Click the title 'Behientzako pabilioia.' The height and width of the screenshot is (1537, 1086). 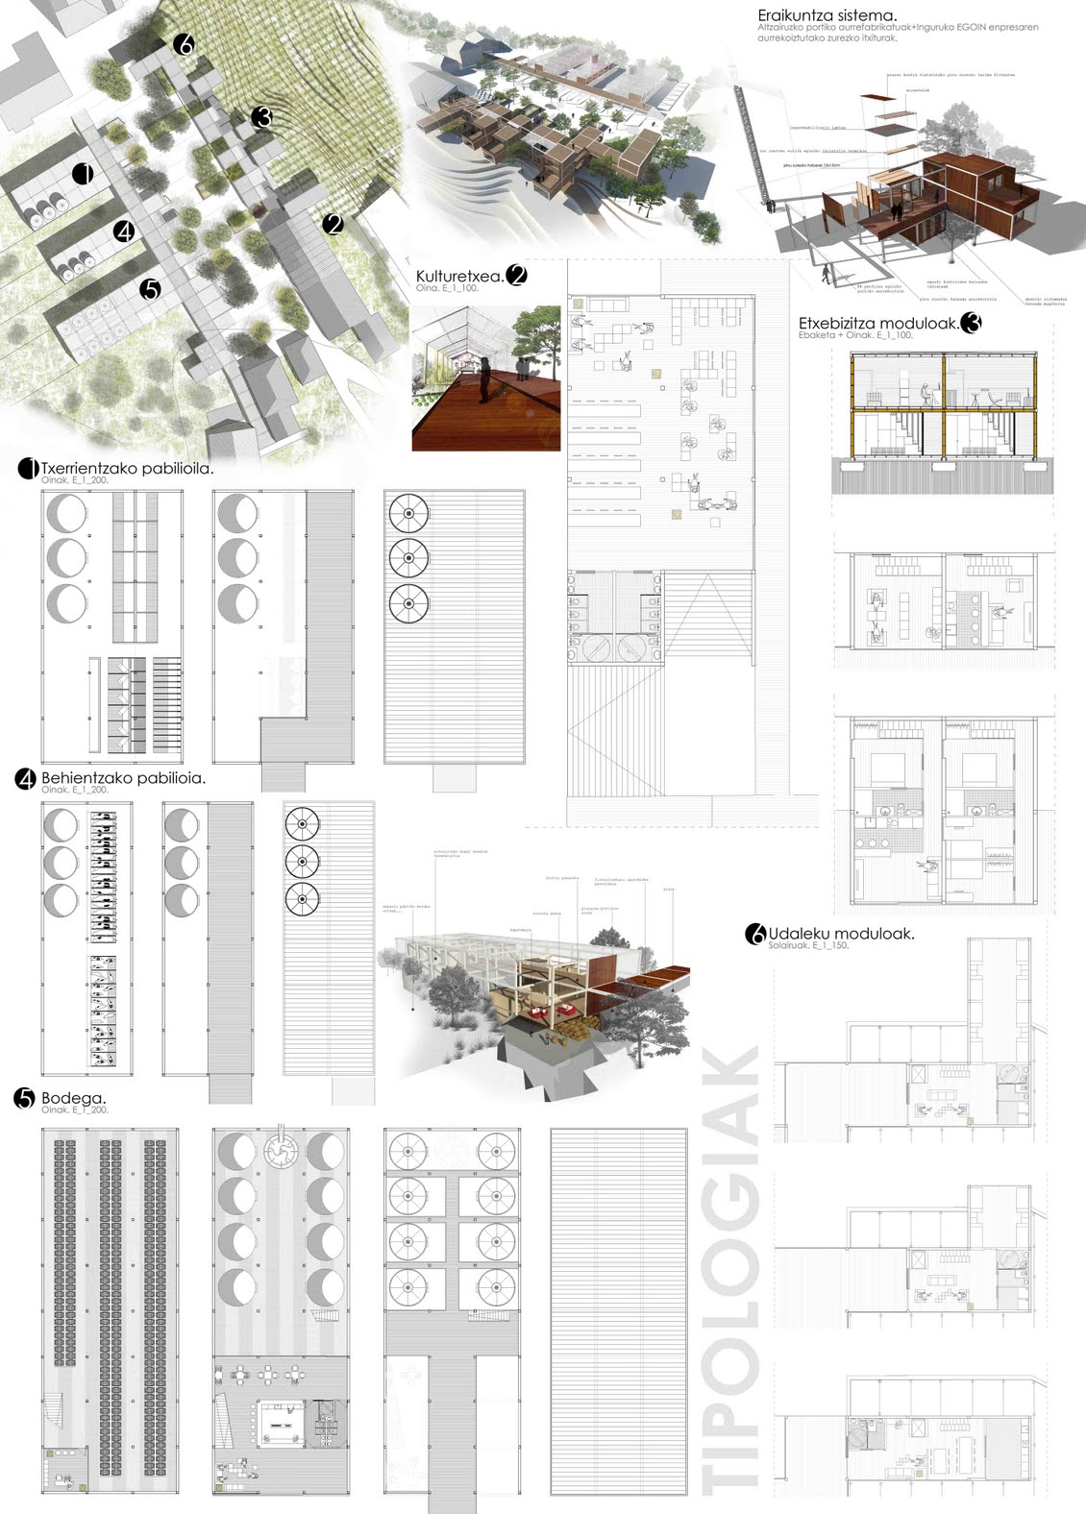(123, 778)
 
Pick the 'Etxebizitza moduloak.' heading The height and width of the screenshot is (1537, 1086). (878, 324)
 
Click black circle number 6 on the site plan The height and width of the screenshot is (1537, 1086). (185, 44)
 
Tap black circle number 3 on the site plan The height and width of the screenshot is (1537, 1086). (261, 117)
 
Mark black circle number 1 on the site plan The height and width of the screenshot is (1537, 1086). (83, 174)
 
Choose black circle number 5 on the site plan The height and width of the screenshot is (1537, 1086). (149, 288)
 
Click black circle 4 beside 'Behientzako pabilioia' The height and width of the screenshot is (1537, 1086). (26, 779)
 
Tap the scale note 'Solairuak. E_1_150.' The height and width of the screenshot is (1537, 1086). (808, 946)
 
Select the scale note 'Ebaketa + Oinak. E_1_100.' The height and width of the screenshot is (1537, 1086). (855, 335)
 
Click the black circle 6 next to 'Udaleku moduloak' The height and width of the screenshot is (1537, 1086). (755, 933)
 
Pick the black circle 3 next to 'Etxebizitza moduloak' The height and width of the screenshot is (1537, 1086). (971, 323)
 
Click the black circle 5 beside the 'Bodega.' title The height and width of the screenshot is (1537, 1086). (26, 1099)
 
